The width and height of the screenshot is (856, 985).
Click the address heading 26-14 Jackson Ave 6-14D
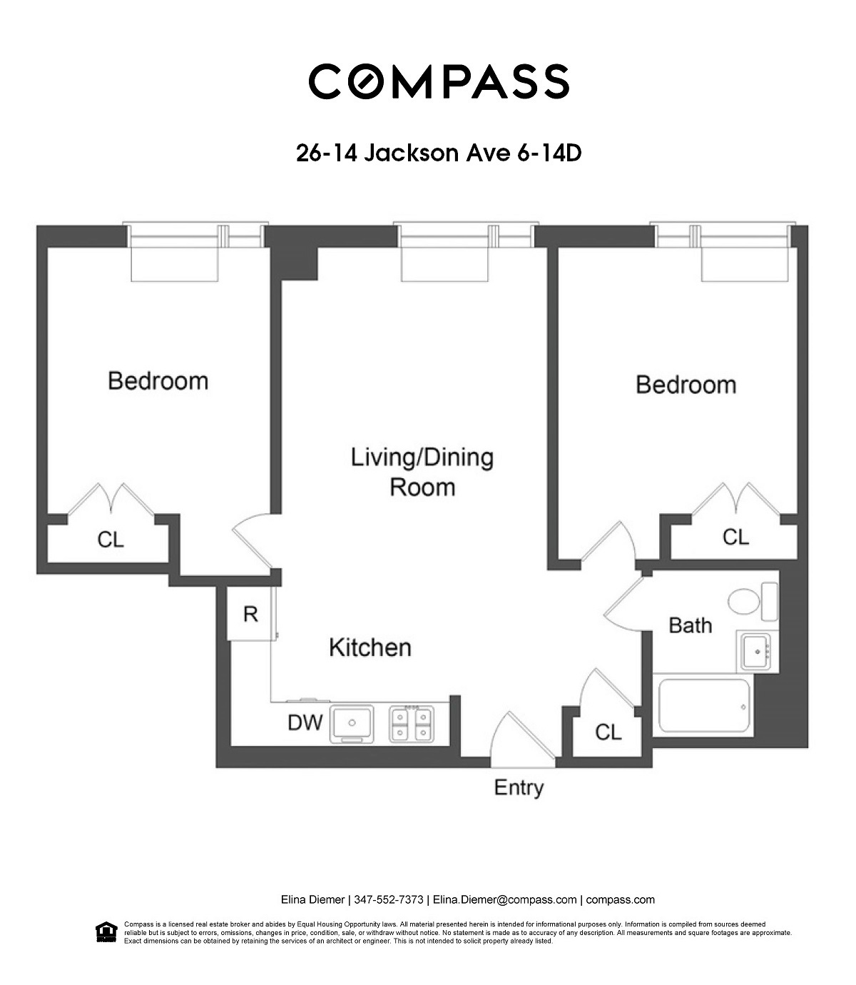click(439, 153)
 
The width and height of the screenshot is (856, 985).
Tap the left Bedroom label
click(158, 381)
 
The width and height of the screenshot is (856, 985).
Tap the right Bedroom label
click(686, 385)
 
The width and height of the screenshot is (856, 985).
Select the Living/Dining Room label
click(422, 473)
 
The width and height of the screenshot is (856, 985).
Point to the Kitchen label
click(370, 647)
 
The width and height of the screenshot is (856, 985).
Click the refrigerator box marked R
click(251, 614)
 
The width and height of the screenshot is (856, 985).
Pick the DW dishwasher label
click(305, 722)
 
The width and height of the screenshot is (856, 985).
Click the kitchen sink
click(352, 724)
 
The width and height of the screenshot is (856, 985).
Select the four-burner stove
click(412, 724)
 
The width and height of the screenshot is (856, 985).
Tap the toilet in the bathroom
click(752, 601)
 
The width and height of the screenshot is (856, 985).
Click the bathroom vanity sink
click(756, 652)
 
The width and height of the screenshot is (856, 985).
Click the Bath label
click(690, 625)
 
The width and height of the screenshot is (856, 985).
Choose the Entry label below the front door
click(519, 788)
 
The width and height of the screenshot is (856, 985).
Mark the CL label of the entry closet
click(608, 732)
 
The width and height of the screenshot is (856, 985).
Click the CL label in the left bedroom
click(111, 540)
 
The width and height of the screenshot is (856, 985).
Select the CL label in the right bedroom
click(735, 537)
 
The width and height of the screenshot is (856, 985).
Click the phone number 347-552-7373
click(389, 899)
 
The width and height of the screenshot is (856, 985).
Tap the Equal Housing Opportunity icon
click(106, 932)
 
